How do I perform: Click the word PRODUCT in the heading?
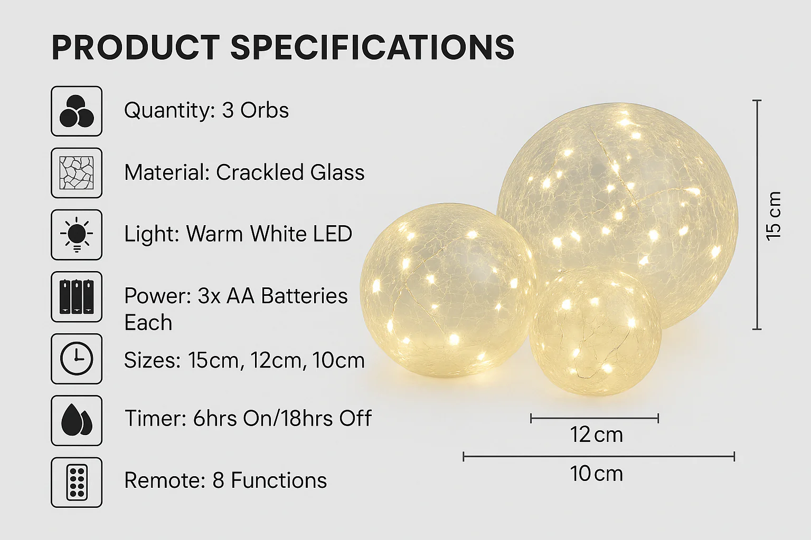[x=136, y=47]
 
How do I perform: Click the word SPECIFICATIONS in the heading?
[x=373, y=47]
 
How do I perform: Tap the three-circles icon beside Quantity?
[x=77, y=111]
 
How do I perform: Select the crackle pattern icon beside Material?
[x=77, y=173]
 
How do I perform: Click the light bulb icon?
[x=77, y=235]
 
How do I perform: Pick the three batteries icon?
[x=77, y=296]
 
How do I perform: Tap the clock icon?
[x=77, y=359]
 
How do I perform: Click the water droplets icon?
[x=77, y=420]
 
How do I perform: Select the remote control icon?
[x=77, y=482]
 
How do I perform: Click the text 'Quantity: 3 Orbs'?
[x=206, y=110]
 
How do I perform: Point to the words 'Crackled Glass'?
[x=290, y=172]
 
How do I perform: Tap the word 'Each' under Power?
[x=148, y=322]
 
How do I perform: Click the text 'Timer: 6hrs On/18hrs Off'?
[x=248, y=419]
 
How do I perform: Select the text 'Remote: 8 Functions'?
[x=225, y=480]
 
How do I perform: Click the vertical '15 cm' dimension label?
[x=774, y=216]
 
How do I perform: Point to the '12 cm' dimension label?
[x=596, y=435]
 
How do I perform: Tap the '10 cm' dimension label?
[x=596, y=474]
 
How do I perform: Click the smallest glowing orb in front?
[x=595, y=332]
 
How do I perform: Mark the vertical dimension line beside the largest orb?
[x=757, y=215]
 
